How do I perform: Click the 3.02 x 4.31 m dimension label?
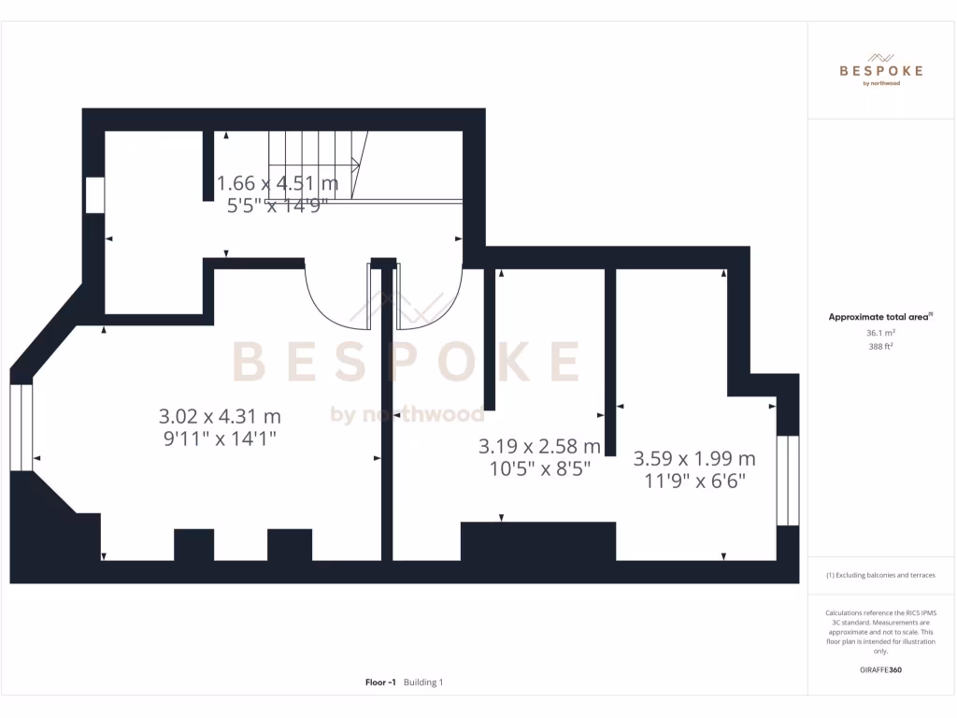click(x=220, y=416)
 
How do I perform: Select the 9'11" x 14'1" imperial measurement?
click(x=220, y=438)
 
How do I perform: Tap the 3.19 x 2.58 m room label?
click(x=539, y=446)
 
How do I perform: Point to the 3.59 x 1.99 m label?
click(x=694, y=459)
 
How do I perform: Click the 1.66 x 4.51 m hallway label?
click(x=278, y=182)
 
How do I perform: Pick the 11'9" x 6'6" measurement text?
click(x=694, y=481)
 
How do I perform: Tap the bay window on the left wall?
click(x=21, y=426)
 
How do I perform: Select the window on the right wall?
click(x=788, y=479)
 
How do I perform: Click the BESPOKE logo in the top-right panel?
click(x=881, y=70)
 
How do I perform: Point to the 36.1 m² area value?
click(x=881, y=332)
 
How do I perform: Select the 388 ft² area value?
click(x=881, y=346)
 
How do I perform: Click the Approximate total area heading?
click(x=879, y=318)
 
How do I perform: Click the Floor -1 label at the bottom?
click(x=382, y=682)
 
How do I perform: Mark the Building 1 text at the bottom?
click(x=423, y=682)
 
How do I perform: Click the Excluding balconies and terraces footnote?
click(x=880, y=575)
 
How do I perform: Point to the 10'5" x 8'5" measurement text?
click(x=539, y=468)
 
